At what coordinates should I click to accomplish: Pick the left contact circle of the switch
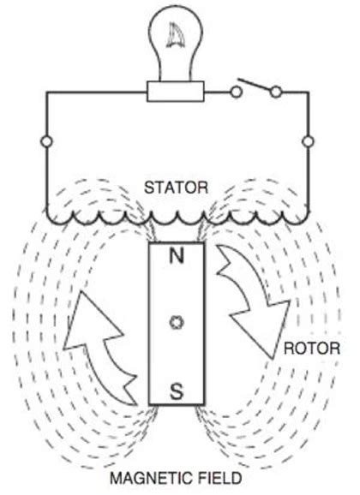pos(234,90)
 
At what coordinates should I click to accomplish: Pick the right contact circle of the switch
pos(276,90)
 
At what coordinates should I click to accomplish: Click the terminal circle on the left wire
pos(44,140)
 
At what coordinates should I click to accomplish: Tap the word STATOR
pos(176,185)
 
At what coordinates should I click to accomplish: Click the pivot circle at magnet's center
pos(176,323)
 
